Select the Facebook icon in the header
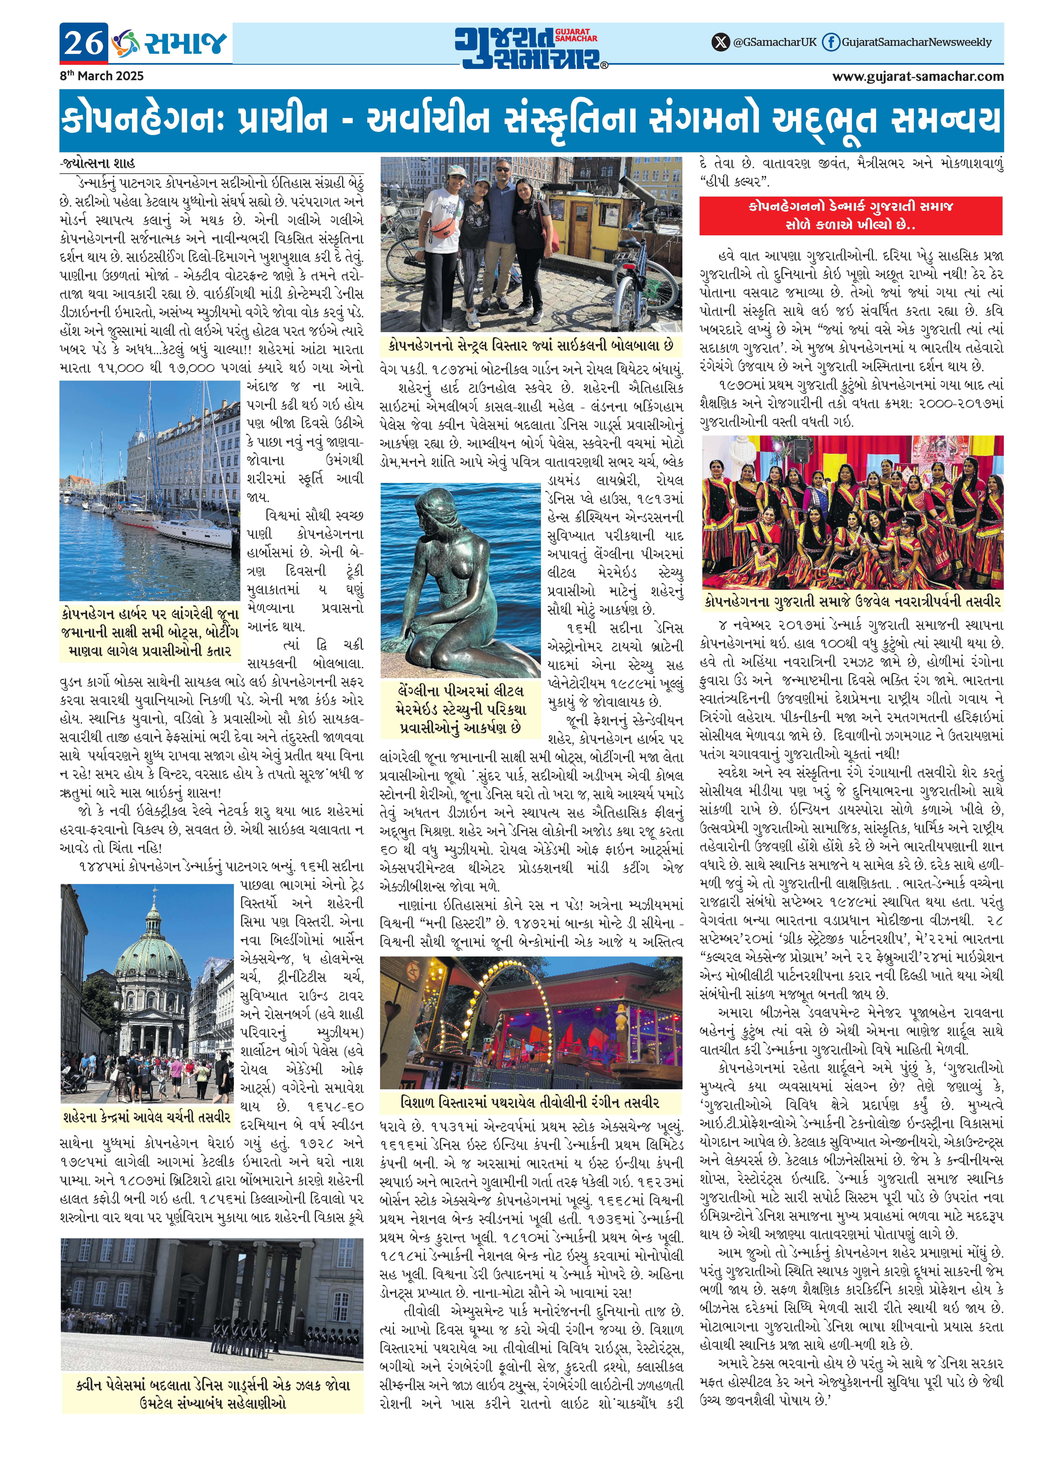tap(832, 43)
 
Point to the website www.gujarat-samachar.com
tap(918, 76)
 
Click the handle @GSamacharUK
tap(775, 43)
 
